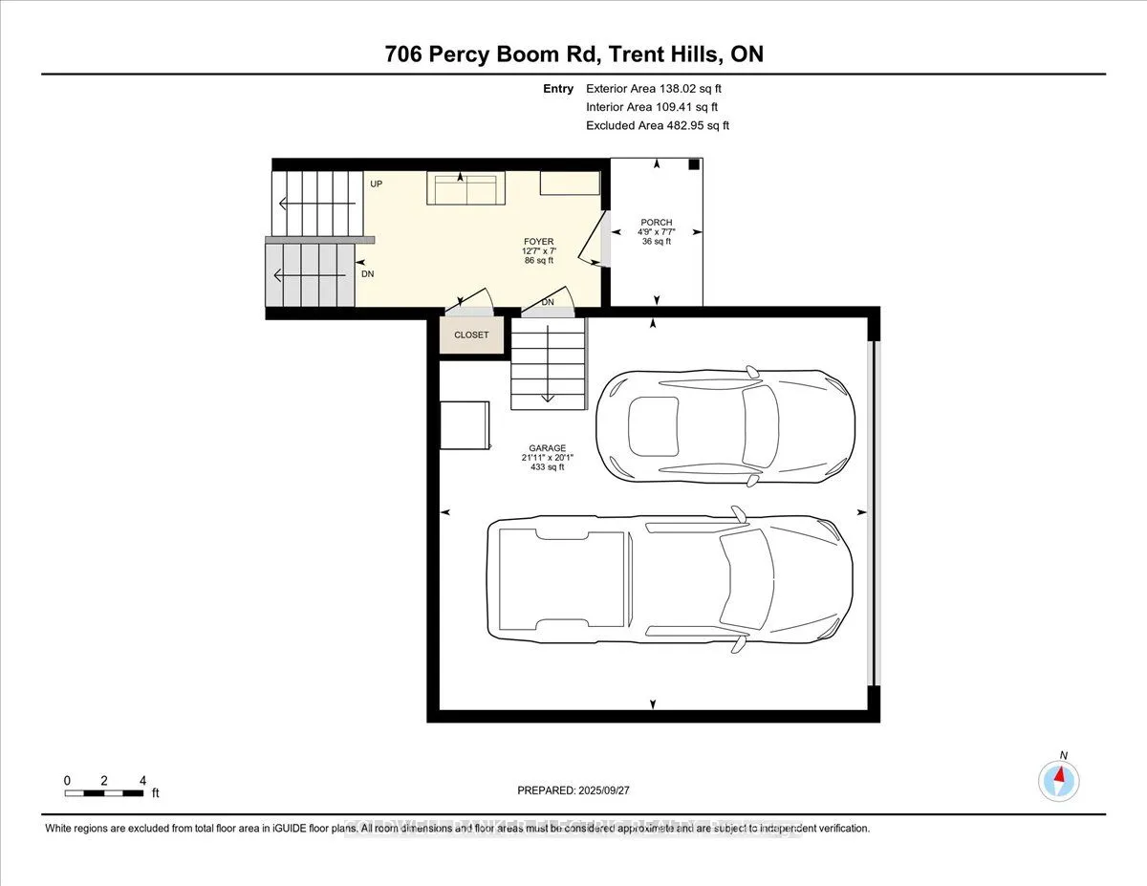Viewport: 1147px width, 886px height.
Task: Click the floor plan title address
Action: tap(573, 54)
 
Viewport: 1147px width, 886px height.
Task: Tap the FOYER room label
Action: tap(538, 242)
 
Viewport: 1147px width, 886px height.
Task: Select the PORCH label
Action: tap(657, 223)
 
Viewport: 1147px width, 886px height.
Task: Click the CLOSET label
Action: tap(471, 335)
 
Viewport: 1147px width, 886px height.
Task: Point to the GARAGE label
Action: tap(548, 448)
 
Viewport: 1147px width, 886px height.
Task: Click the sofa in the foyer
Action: tap(466, 189)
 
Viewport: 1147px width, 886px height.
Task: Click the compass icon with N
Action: tap(1059, 779)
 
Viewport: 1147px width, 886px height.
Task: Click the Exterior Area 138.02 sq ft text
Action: tap(647, 89)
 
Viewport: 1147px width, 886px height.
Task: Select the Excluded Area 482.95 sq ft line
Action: tap(658, 125)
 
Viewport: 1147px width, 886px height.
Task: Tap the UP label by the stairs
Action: tap(377, 183)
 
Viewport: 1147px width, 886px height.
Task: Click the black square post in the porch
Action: tap(694, 164)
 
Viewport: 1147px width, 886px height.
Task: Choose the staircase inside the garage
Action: tap(548, 364)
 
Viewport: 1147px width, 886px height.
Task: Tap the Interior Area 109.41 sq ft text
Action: tap(651, 107)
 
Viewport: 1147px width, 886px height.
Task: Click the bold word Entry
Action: tap(558, 89)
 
